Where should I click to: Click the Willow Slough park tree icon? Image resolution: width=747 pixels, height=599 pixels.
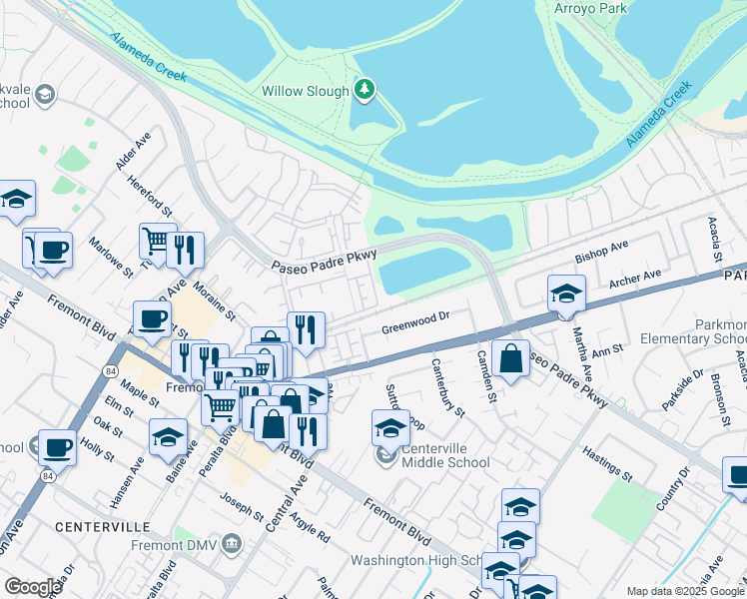pyautogui.click(x=366, y=90)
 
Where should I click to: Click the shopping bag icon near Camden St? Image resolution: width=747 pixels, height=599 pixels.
pyautogui.click(x=510, y=360)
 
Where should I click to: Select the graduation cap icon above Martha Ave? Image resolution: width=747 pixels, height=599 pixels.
pyautogui.click(x=566, y=294)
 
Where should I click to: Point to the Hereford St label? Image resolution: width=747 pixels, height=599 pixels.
pyautogui.click(x=151, y=199)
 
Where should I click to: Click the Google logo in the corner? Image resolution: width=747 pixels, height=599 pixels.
pyautogui.click(x=33, y=587)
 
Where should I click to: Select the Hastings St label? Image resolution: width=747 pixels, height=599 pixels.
pyautogui.click(x=608, y=464)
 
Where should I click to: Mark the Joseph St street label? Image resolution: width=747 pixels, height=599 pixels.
pyautogui.click(x=241, y=506)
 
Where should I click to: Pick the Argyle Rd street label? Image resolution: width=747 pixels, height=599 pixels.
pyautogui.click(x=312, y=522)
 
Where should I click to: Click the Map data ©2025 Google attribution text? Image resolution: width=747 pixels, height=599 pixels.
pyautogui.click(x=685, y=591)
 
